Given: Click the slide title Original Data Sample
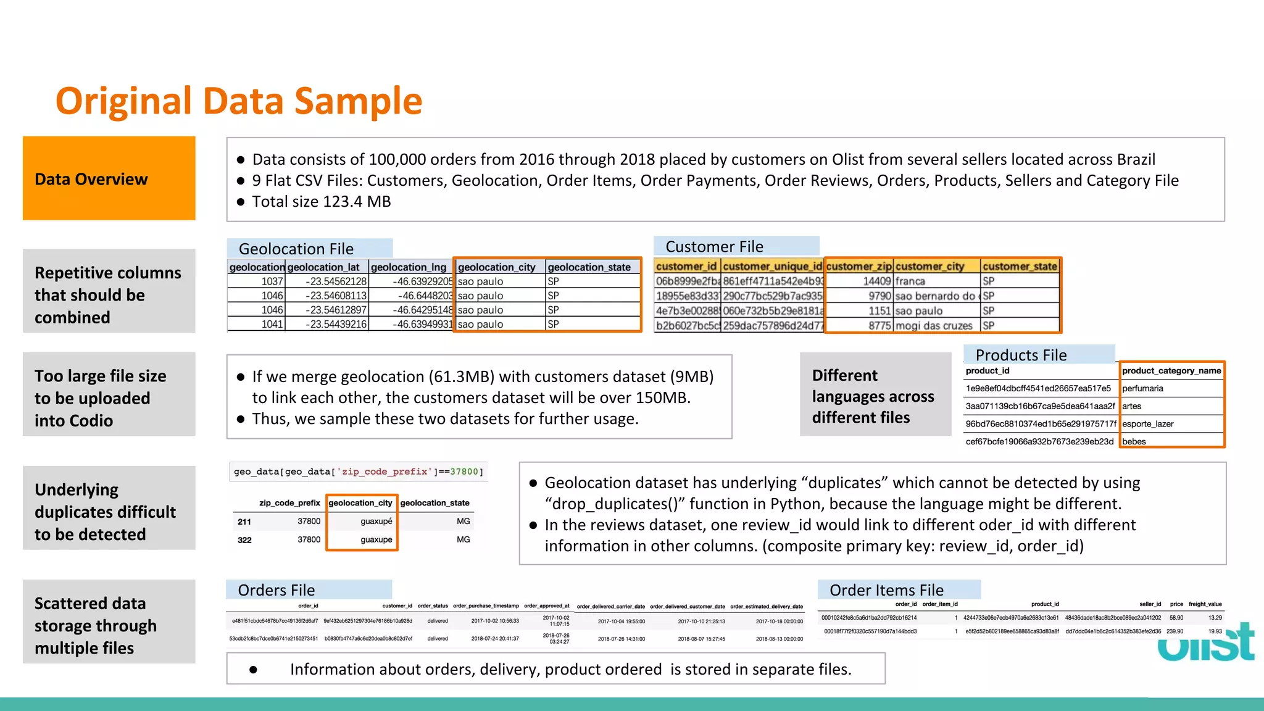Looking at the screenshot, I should pos(239,101).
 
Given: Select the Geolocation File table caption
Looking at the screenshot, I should pos(296,249).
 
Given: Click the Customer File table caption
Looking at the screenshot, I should pos(714,247).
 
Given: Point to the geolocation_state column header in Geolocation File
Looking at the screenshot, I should pos(589,267).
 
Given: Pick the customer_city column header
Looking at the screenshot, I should pos(930,267).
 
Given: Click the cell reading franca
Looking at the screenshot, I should pos(910,281).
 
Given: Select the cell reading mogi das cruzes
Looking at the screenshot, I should pos(934,326).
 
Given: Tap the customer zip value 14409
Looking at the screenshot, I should pos(877,281).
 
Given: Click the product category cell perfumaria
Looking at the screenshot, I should pos(1142,389).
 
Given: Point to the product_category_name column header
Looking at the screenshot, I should pos(1171,371).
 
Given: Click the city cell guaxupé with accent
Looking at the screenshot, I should pos(376,522).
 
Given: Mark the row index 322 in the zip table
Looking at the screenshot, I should pos(244,540).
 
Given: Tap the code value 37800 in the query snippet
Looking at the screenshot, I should pos(464,472).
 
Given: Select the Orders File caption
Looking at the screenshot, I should pos(276,590).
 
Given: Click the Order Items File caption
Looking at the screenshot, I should pos(886,590).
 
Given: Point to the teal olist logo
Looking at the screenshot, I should pos(1206,644).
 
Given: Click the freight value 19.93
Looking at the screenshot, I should pos(1215,631).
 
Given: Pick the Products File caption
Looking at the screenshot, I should pos(1021,355).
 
